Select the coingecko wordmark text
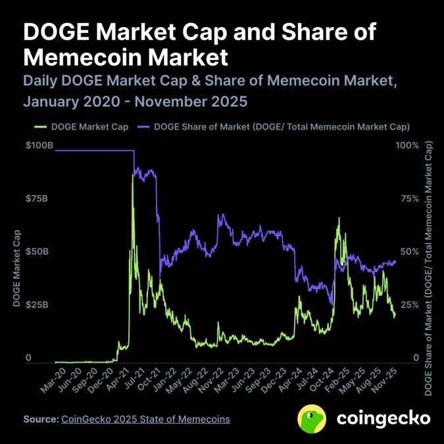click(x=383, y=418)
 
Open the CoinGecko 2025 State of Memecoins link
click(x=145, y=419)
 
